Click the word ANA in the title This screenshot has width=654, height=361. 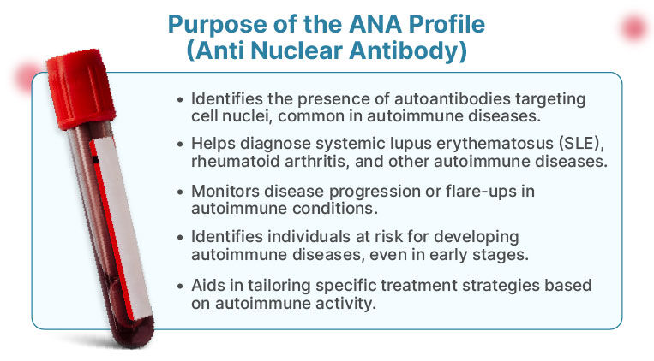[x=375, y=24]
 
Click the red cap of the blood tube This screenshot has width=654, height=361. [x=81, y=88]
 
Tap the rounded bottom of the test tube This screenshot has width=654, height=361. [x=134, y=333]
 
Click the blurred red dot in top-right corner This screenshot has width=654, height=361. [x=634, y=27]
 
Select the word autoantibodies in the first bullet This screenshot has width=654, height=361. [x=452, y=99]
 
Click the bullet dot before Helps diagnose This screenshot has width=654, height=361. [x=180, y=144]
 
